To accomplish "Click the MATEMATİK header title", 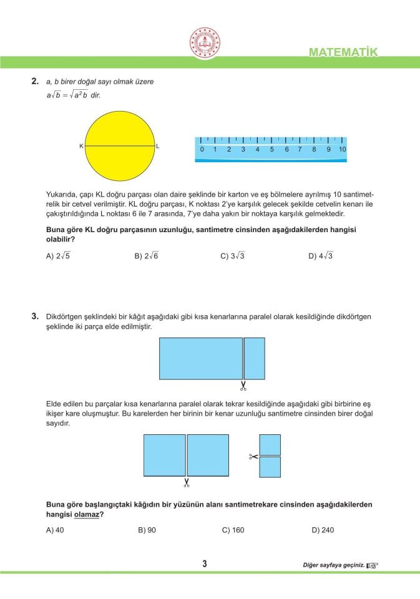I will tap(343, 52).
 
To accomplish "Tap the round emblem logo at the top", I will tap(205, 42).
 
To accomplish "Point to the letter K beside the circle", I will tap(81, 146).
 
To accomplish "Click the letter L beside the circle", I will tap(158, 146).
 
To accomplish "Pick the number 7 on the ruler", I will tap(300, 150).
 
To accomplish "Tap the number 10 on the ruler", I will tap(343, 150).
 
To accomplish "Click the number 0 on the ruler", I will tap(202, 150).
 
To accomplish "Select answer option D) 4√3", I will tap(321, 256).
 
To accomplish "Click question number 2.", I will tap(35, 82).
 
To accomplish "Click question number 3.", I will tap(35, 316).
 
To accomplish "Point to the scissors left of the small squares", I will tap(253, 456).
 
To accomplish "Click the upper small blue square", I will tap(270, 444).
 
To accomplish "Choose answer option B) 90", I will tap(147, 530).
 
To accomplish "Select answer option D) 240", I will tap(323, 530).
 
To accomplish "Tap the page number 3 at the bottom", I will tap(205, 564).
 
